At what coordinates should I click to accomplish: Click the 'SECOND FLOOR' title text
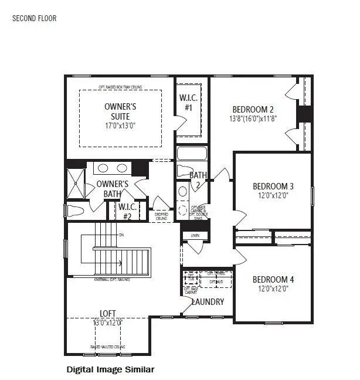[x=35, y=18]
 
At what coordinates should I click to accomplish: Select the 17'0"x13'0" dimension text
[x=120, y=125]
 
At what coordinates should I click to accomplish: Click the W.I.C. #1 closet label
[x=189, y=103]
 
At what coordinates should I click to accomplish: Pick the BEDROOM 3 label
[x=273, y=186]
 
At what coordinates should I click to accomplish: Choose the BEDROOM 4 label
[x=273, y=279]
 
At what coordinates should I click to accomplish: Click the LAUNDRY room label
[x=208, y=302]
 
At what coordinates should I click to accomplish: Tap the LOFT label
[x=106, y=313]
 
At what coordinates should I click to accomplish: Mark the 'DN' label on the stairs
[x=121, y=235]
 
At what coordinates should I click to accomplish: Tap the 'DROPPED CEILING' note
[x=161, y=216]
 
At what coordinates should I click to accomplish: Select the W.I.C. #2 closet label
[x=127, y=211]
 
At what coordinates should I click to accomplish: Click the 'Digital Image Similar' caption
[x=110, y=369]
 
